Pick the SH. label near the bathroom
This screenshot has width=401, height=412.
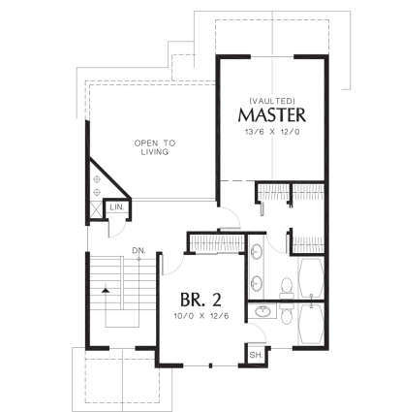(x=256, y=354)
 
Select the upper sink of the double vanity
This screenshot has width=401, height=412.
(x=257, y=254)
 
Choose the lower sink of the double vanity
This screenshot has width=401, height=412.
(x=257, y=283)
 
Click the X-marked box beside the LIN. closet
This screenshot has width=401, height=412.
(x=96, y=207)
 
